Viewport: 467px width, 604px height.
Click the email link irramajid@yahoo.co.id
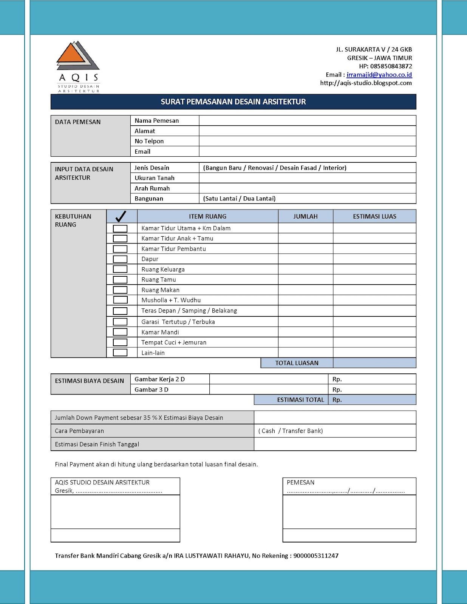379,75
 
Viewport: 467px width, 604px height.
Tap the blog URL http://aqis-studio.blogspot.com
366,83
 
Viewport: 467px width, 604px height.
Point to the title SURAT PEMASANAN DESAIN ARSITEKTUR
233,102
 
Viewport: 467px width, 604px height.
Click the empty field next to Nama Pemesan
307,121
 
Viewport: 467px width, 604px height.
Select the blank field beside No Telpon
307,141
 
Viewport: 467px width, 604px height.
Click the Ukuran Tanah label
155,178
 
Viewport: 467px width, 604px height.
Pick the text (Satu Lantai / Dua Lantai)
239,199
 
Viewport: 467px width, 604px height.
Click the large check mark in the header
121,216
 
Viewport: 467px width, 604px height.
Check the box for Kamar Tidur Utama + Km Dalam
120,228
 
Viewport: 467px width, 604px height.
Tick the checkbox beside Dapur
120,259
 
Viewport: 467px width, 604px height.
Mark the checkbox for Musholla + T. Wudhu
120,300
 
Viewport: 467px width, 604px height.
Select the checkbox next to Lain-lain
120,353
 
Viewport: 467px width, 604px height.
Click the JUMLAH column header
305,216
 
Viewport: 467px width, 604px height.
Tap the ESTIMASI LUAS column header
374,216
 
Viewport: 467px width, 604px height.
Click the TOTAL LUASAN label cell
297,363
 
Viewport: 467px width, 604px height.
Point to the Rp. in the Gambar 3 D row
337,390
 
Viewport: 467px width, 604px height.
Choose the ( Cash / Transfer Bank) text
291,431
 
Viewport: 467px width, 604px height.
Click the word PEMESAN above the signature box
300,482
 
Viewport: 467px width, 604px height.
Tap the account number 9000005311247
316,556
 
